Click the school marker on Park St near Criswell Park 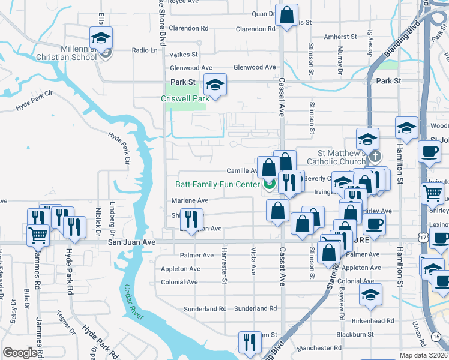click(215, 85)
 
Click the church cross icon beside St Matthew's click(375, 157)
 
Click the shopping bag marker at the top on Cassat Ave click(287, 14)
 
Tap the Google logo click(20, 353)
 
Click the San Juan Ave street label click(131, 242)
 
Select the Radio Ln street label click(145, 50)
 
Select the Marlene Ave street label click(191, 200)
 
